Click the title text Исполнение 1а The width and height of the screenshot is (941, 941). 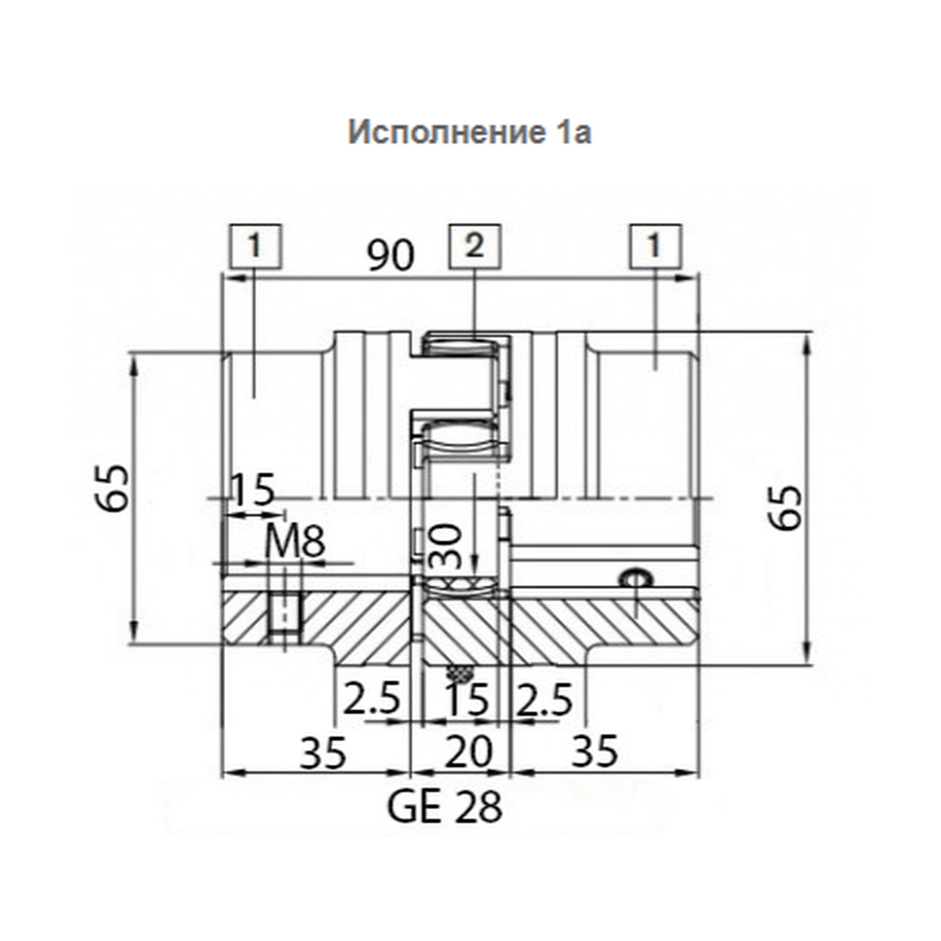pos(469,132)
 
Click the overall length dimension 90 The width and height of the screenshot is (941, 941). pos(391,256)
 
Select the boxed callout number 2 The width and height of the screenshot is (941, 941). pos(475,246)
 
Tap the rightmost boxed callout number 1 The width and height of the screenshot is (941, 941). pos(656,246)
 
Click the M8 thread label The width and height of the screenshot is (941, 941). pos(295,542)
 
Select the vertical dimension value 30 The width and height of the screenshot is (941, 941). pos(445,547)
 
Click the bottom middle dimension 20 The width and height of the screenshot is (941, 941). pos(469,752)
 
